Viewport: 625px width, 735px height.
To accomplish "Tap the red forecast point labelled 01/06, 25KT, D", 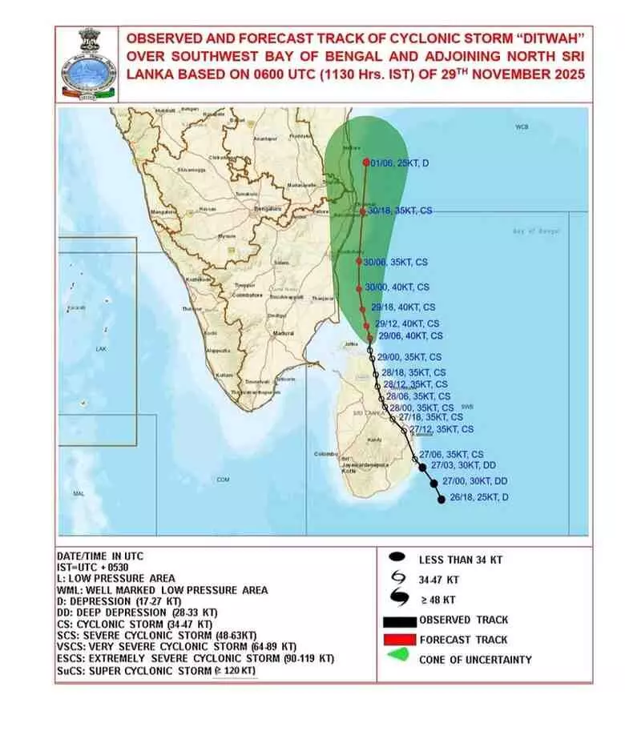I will (366, 163).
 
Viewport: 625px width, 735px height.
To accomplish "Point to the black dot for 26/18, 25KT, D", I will (442, 500).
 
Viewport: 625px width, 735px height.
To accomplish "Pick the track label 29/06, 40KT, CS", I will (410, 336).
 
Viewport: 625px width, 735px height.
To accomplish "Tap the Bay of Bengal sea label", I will (536, 231).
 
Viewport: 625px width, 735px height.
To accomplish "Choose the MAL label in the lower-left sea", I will (79, 494).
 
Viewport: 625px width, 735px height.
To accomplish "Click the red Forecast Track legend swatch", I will (397, 640).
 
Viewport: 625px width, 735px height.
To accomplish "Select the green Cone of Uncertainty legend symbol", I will (397, 659).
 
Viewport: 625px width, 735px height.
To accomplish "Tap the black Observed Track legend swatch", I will (397, 620).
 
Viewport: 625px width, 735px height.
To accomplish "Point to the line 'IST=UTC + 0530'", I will (93, 567).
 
